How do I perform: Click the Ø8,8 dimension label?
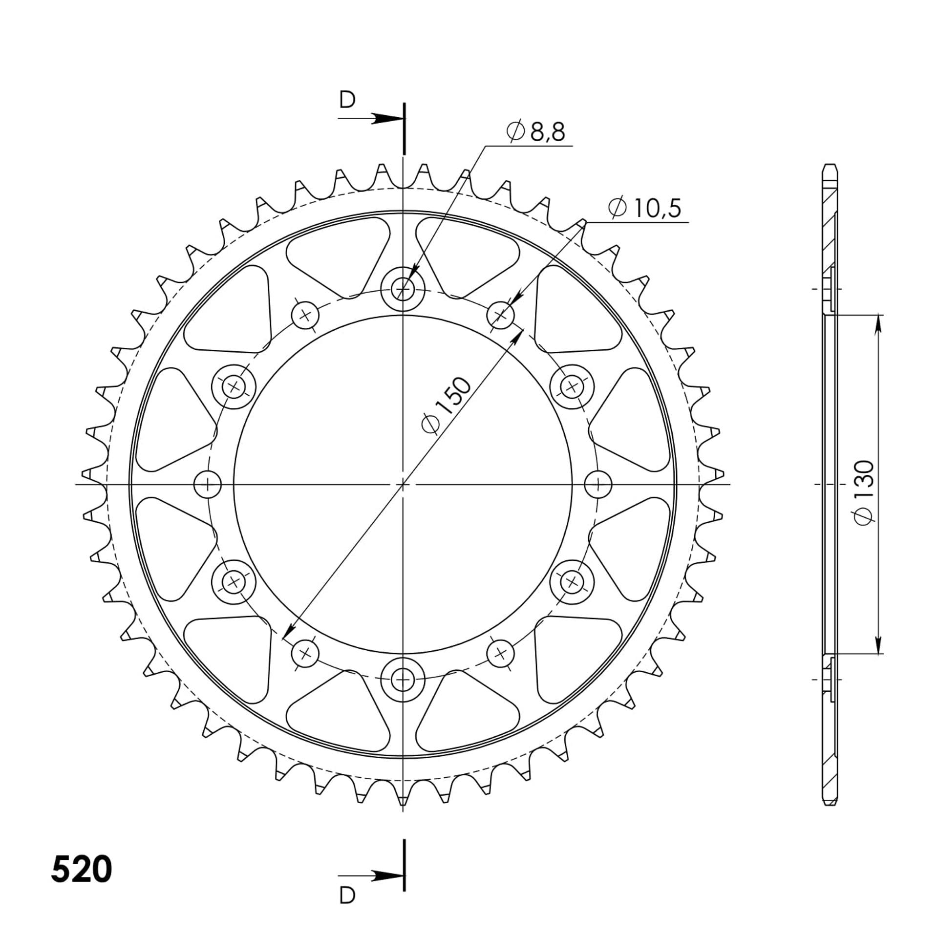(x=536, y=131)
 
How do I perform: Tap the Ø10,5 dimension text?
(x=644, y=208)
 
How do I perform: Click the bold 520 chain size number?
(x=82, y=870)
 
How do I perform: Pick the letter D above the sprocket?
(x=347, y=100)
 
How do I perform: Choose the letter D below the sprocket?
(x=347, y=895)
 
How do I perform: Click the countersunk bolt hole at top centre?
(x=403, y=290)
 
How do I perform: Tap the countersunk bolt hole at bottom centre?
(x=403, y=680)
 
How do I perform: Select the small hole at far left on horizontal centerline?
(x=208, y=485)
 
